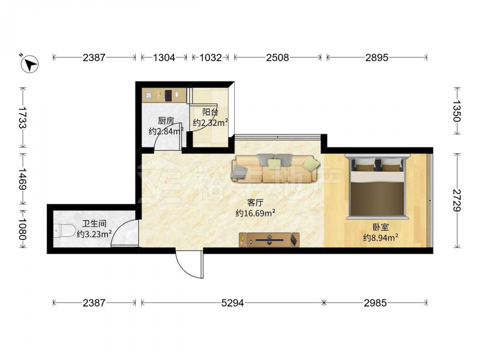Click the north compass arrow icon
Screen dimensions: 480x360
point(29,64)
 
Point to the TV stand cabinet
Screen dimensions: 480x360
point(269,240)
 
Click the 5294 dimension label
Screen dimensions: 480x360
point(232,303)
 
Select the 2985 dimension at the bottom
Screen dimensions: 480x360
point(375,303)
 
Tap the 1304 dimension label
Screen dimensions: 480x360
point(164,57)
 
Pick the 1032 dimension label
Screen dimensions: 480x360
point(210,57)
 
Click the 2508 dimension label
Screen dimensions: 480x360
point(277,57)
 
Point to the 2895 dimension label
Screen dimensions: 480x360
point(377,57)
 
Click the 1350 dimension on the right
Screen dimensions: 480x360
point(457,111)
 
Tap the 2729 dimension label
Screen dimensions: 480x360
point(457,201)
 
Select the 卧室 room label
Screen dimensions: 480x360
point(381,227)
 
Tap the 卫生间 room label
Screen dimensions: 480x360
point(94,224)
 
